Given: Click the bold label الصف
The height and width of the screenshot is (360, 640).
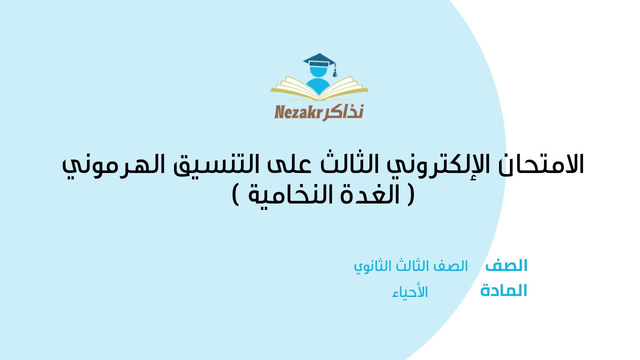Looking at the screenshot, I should pos(506,265).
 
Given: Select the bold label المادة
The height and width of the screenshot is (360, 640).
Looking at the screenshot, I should pos(503,290).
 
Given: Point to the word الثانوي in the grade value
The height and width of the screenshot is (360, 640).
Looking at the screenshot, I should pos(370,266).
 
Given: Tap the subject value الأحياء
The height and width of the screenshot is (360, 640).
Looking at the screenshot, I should pos(410,291).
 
